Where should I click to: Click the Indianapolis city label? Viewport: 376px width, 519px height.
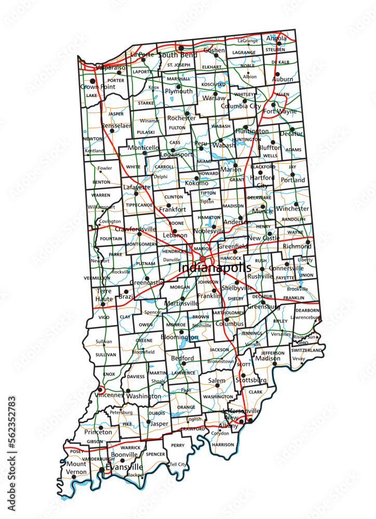click(x=214, y=268)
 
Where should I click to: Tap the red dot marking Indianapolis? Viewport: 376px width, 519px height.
click(x=203, y=258)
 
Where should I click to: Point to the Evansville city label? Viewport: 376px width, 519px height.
click(x=124, y=467)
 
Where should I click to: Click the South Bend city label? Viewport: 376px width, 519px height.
click(x=178, y=54)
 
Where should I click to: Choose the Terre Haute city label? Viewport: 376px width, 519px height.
click(x=103, y=296)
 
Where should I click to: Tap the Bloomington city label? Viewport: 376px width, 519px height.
click(x=179, y=337)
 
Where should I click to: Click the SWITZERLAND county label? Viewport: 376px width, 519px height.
click(x=306, y=351)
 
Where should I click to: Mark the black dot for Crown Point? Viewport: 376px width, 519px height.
click(x=92, y=81)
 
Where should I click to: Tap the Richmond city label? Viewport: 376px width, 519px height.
click(x=297, y=247)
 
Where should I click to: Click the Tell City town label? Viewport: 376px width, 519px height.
click(x=178, y=464)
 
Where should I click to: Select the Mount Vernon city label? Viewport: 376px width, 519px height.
click(x=76, y=468)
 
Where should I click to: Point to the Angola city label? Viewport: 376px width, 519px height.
click(x=276, y=38)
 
